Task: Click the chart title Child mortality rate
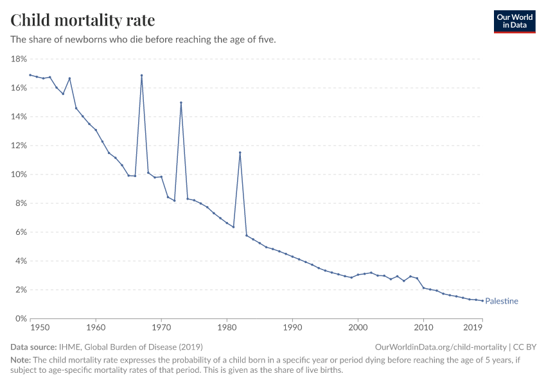(82, 20)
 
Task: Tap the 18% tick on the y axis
(19, 59)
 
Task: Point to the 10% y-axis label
(19, 175)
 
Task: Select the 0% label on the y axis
(21, 319)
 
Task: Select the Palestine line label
(502, 301)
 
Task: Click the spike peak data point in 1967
(141, 75)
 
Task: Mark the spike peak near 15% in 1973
(181, 103)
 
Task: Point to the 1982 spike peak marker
(240, 153)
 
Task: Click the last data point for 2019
(482, 301)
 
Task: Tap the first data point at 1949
(30, 75)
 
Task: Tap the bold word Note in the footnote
(22, 360)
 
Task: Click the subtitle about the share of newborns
(143, 40)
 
